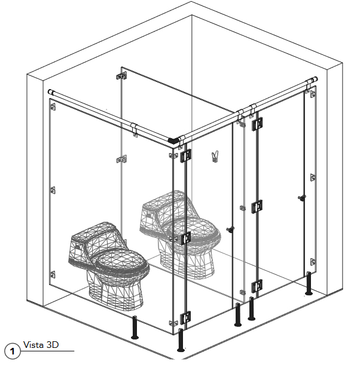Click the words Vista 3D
pos(41,345)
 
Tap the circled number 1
pos(13,351)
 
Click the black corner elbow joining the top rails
pos(173,140)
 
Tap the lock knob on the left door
pos(230,230)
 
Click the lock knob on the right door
pos(302,197)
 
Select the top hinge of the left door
pos(185,155)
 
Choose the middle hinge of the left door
pos(185,238)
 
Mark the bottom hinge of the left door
pos(185,318)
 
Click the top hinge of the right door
pos(258,124)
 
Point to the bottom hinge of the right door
pos(257,286)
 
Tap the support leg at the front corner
pos(181,340)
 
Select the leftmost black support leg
pos(135,328)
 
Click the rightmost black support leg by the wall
pos(309,283)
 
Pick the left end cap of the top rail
pos(50,92)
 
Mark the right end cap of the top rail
pos(315,79)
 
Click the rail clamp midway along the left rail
pos(135,129)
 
